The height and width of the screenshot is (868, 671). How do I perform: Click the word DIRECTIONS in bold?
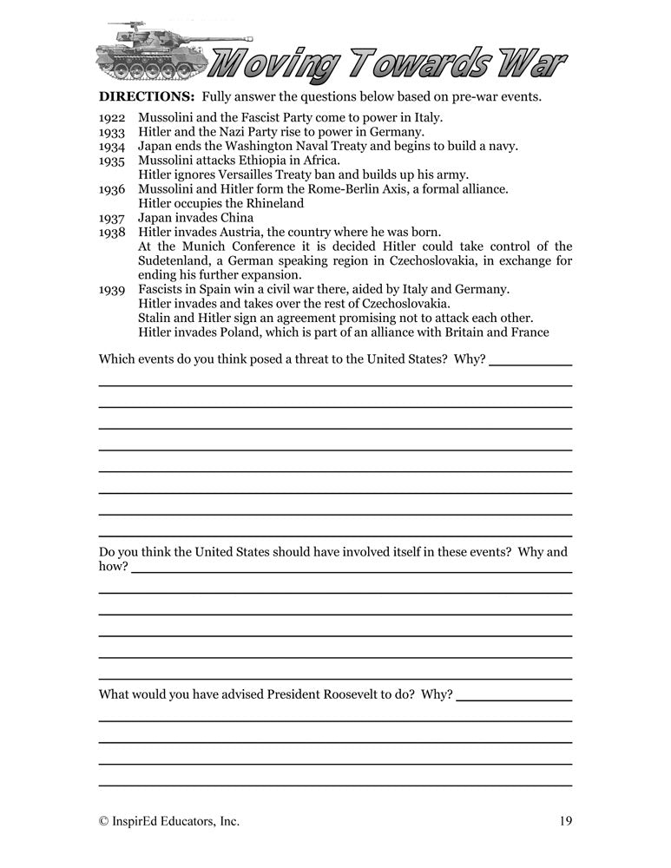pyautogui.click(x=135, y=95)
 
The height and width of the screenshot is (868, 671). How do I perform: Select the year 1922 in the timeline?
pyautogui.click(x=113, y=118)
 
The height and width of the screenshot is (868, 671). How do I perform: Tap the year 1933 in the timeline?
pyautogui.click(x=113, y=132)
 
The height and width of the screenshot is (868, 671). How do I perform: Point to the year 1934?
pyautogui.click(x=113, y=147)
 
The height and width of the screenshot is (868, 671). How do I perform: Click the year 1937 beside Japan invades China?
pyautogui.click(x=113, y=217)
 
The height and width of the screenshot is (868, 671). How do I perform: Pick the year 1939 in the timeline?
pyautogui.click(x=113, y=288)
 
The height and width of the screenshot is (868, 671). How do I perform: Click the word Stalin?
pyautogui.click(x=155, y=317)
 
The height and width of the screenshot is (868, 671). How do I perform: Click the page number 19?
pyautogui.click(x=564, y=820)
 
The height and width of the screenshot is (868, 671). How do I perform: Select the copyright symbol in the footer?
pyautogui.click(x=104, y=820)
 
